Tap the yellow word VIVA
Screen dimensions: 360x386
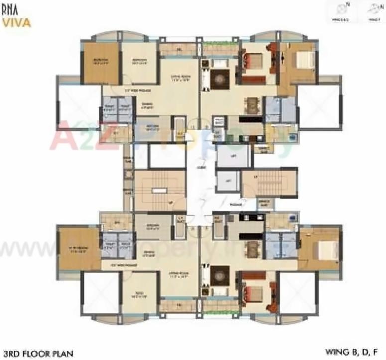coord(17,22)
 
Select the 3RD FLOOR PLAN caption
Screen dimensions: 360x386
coord(37,354)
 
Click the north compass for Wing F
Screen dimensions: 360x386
coord(372,11)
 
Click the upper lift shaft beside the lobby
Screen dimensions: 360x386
coord(233,156)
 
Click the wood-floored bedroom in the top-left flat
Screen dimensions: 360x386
coord(101,63)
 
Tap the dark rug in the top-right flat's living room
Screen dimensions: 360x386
coord(219,79)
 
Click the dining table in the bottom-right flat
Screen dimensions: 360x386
coord(252,249)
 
